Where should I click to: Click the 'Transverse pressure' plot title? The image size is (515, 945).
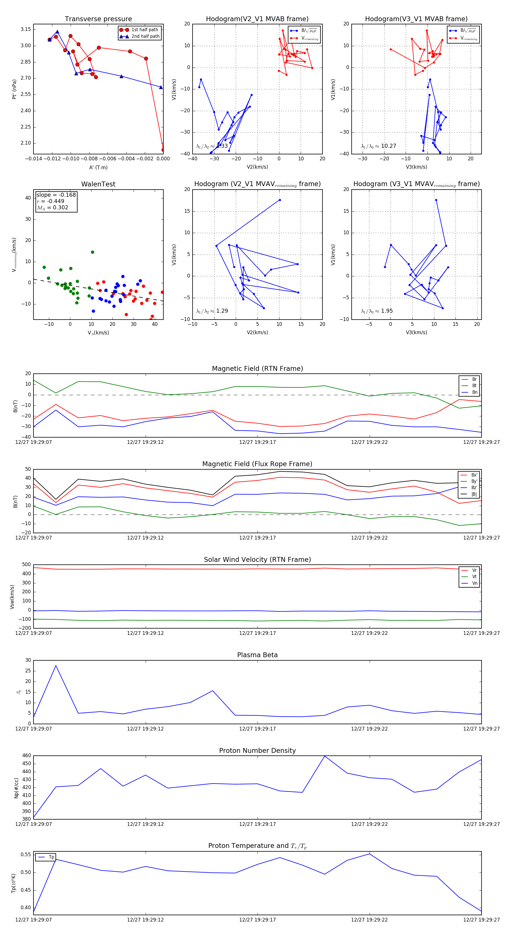[x=98, y=19]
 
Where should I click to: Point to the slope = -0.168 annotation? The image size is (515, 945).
[x=56, y=195]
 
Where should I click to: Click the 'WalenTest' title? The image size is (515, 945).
[x=98, y=184]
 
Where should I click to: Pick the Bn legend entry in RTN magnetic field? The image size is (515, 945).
[x=474, y=392]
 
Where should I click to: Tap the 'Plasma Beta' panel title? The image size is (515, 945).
[x=257, y=655]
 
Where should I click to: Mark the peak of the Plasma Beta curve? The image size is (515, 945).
[x=56, y=666]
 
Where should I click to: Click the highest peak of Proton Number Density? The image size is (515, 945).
[x=324, y=756]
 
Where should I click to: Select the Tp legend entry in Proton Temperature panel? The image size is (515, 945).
[x=51, y=857]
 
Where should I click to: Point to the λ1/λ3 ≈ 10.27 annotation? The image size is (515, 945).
[x=378, y=146]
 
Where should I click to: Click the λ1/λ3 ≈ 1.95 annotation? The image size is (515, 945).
[x=377, y=311]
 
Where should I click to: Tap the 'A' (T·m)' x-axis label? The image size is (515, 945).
[x=98, y=167]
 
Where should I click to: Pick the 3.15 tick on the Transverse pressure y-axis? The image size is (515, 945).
[x=26, y=29]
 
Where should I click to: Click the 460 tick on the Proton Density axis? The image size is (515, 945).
[x=26, y=756]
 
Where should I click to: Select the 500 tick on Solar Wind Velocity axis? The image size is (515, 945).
[x=26, y=565]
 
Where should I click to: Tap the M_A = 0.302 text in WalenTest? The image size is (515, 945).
[x=52, y=208]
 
